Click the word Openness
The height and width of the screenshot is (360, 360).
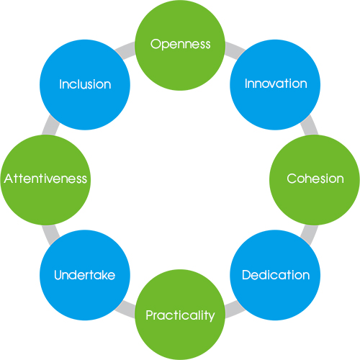tap(181, 45)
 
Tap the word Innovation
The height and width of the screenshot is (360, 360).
tap(276, 84)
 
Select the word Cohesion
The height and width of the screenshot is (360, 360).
tap(315, 179)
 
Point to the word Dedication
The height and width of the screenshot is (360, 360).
tap(276, 275)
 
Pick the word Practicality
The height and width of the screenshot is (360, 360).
tap(180, 315)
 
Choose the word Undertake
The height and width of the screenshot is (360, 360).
tap(84, 275)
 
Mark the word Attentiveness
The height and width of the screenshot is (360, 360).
tap(45, 179)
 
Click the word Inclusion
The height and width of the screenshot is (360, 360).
tap(85, 84)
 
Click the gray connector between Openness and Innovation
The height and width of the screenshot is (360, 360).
tap(235, 50)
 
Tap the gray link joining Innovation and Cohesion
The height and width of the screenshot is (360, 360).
tap(310, 125)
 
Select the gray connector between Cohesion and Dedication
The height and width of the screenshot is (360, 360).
tap(310, 235)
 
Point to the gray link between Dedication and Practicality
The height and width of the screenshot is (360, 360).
tap(235, 310)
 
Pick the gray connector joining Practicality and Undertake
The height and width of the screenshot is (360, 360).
tap(125, 310)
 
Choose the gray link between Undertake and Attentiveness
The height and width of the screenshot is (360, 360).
tap(50, 235)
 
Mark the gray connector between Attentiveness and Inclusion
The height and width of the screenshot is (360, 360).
tap(50, 125)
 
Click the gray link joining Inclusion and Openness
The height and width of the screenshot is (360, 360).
tap(125, 50)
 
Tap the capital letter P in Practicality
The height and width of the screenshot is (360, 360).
tap(150, 315)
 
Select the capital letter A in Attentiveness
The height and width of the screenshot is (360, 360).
tap(9, 179)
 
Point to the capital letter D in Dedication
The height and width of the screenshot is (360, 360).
tap(246, 275)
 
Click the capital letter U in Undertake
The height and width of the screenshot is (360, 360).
tap(58, 275)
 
